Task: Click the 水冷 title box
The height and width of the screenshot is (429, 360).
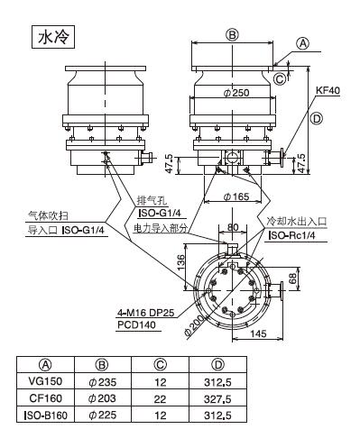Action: click(x=53, y=37)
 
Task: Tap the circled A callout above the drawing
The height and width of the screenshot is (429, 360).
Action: click(x=302, y=44)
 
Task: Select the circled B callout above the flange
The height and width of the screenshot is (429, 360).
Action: click(x=232, y=35)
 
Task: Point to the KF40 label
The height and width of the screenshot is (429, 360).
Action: click(x=328, y=90)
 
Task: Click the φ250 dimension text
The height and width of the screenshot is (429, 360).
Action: click(x=236, y=93)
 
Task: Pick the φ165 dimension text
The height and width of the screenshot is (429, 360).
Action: click(x=236, y=196)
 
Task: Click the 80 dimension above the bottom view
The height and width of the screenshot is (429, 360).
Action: click(x=233, y=227)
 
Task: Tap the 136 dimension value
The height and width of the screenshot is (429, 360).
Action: click(x=180, y=262)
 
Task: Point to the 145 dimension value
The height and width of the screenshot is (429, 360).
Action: click(x=258, y=333)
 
